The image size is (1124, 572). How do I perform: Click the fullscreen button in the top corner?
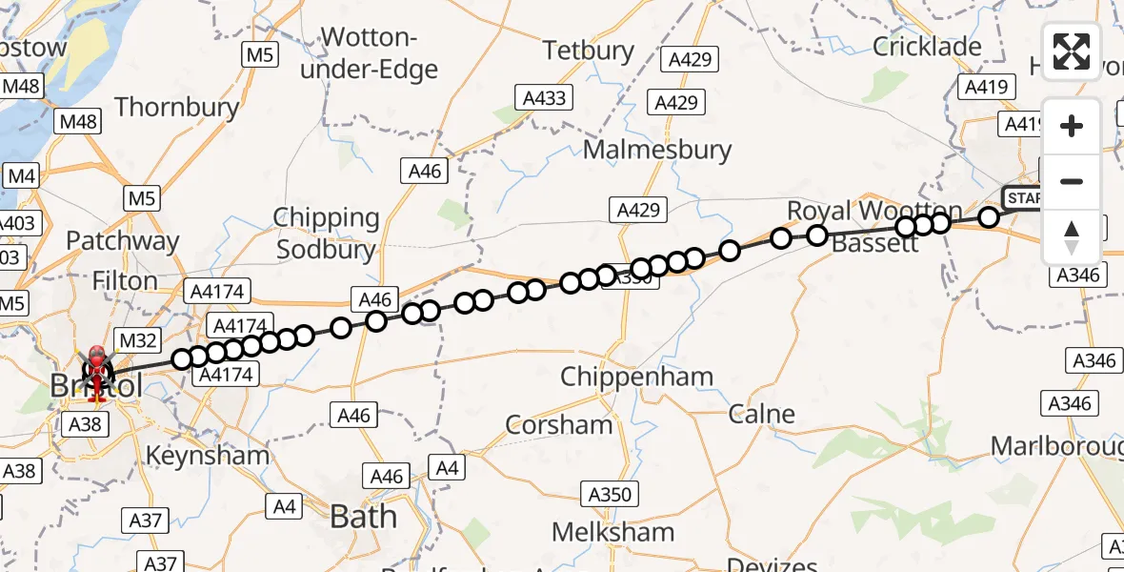click(1072, 51)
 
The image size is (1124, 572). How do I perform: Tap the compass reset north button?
click(1072, 236)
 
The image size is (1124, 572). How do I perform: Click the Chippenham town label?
click(636, 377)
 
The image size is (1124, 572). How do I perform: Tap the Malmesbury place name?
click(657, 150)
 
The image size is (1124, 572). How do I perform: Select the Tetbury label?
click(588, 50)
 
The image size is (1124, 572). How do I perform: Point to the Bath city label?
click(363, 517)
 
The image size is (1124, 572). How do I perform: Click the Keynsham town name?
click(208, 455)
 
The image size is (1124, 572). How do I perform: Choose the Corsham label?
click(559, 424)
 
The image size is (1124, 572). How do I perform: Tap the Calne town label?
click(761, 414)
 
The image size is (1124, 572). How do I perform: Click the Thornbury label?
click(177, 107)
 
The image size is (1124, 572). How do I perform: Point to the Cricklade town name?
click(927, 47)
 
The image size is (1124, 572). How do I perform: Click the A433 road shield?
click(545, 97)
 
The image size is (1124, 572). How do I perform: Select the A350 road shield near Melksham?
click(610, 494)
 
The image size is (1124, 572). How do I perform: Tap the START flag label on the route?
click(1025, 198)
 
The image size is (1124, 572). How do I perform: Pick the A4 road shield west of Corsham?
click(447, 467)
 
